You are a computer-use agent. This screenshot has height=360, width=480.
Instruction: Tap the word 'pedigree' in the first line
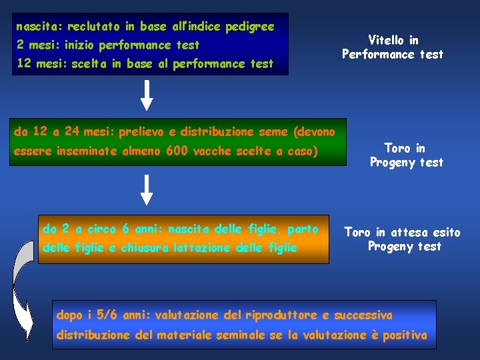[249, 27]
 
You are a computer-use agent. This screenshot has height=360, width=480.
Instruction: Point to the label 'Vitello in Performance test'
[392, 47]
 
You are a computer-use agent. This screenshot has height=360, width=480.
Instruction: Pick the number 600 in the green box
[177, 151]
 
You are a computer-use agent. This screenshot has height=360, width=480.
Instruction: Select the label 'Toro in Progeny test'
[406, 155]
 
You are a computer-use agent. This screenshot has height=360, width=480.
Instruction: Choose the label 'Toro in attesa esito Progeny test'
[402, 239]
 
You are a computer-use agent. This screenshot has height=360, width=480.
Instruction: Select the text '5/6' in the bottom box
[106, 315]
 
